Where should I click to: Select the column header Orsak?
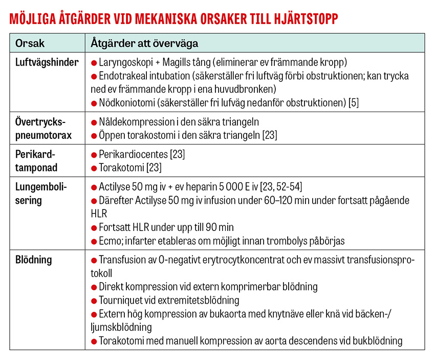(x=30, y=44)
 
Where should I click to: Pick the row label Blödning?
(x=34, y=260)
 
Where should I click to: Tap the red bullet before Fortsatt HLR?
(x=94, y=227)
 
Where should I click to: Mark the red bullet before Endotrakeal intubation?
(x=94, y=76)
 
